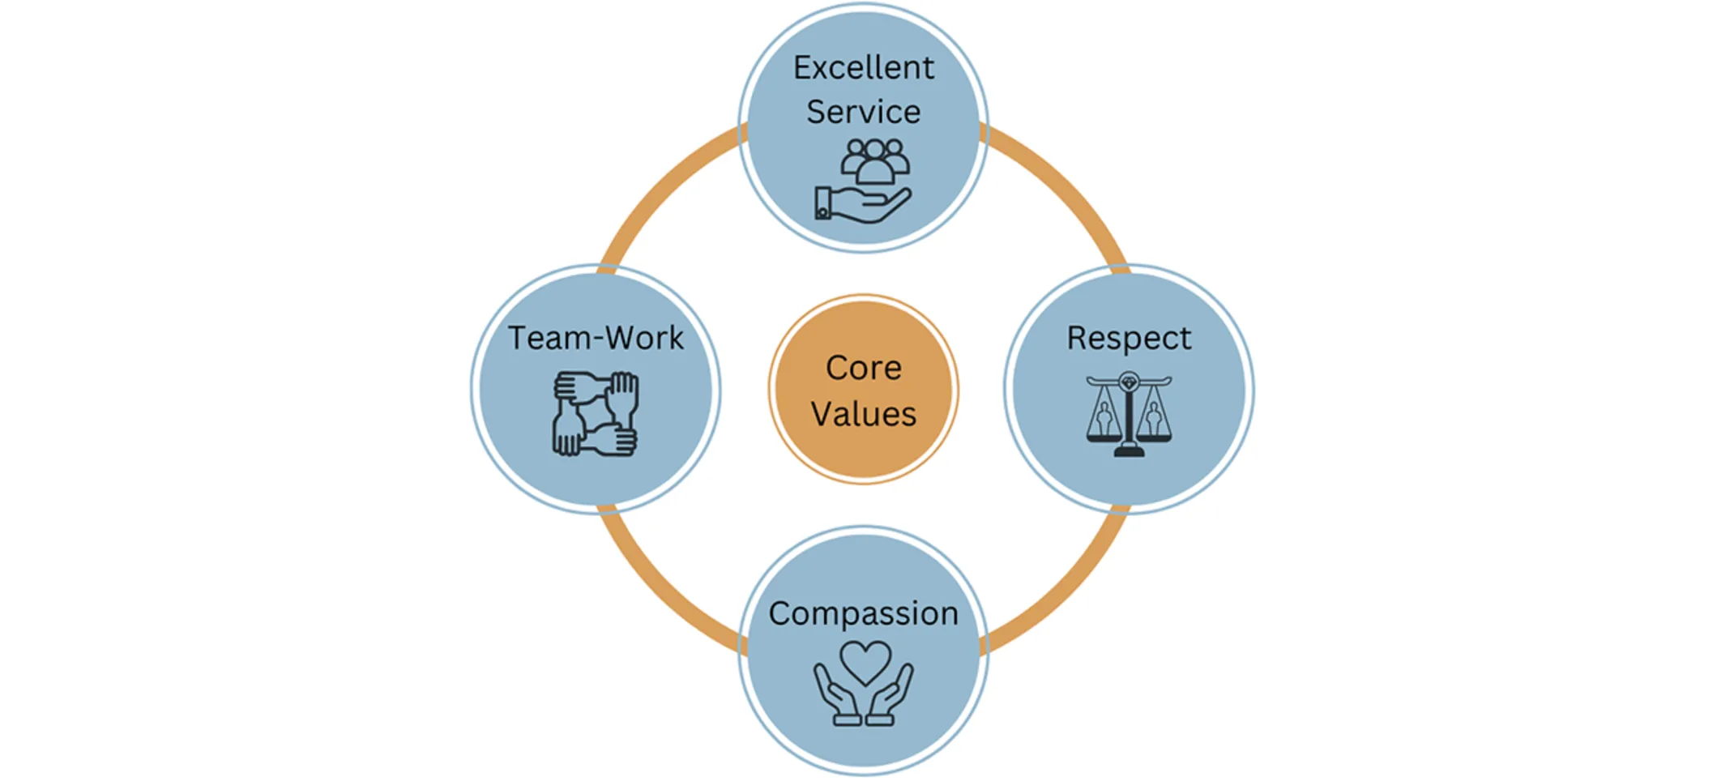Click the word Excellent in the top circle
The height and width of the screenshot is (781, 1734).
(x=863, y=68)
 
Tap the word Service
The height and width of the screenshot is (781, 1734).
(x=863, y=112)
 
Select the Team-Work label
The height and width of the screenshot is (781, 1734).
(x=596, y=338)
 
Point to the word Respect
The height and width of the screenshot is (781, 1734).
(x=1129, y=338)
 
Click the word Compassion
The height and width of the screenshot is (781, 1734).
(x=863, y=613)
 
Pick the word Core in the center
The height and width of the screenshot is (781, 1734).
(x=863, y=368)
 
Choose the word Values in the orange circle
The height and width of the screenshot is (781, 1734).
(x=863, y=414)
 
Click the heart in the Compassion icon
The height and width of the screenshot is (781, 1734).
(x=865, y=661)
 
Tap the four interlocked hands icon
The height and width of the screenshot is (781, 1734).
(x=596, y=413)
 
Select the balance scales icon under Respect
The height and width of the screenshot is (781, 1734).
(x=1129, y=414)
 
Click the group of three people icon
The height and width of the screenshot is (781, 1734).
(x=874, y=160)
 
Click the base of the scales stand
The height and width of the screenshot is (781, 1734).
(x=1129, y=451)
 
